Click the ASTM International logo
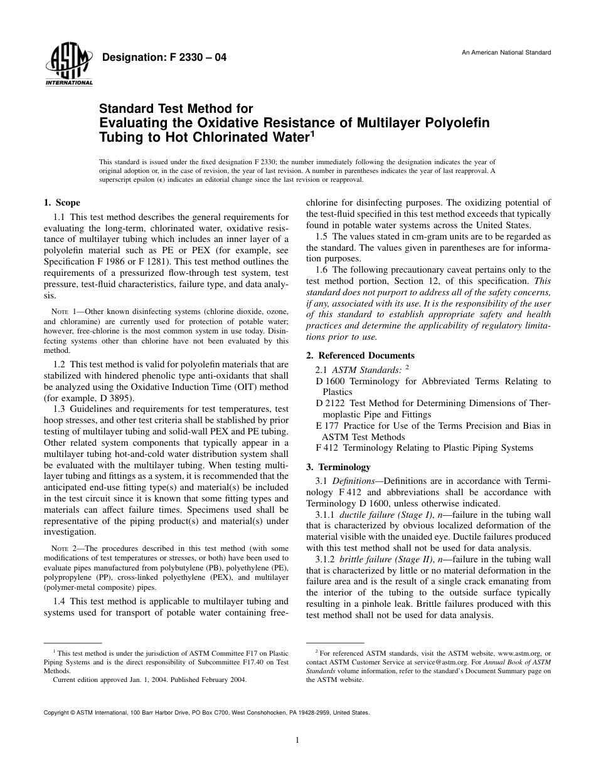68,66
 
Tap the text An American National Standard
506,52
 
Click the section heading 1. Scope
61,202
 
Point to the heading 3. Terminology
338,467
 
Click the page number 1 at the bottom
297,740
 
